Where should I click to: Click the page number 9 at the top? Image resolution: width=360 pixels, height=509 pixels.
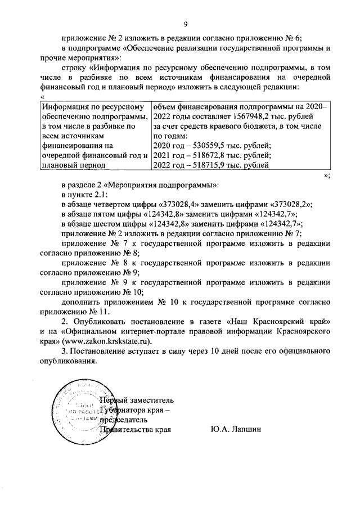(185, 24)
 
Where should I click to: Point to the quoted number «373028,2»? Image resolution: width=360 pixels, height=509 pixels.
(286, 205)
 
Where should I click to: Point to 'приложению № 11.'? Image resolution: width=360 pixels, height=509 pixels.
(73, 310)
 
